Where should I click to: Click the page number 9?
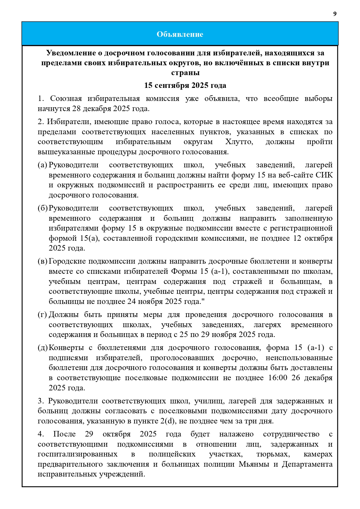(335, 14)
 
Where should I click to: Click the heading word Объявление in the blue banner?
(180, 34)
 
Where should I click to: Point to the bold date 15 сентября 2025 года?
(185, 86)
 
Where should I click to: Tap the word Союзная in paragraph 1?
(66, 99)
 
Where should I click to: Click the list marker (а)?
(42, 165)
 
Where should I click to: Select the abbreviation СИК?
(324, 175)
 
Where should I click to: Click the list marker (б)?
(42, 208)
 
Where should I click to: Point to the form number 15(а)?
(90, 238)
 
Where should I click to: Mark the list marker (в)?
(42, 261)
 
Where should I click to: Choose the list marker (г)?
(42, 315)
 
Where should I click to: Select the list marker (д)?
(42, 348)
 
